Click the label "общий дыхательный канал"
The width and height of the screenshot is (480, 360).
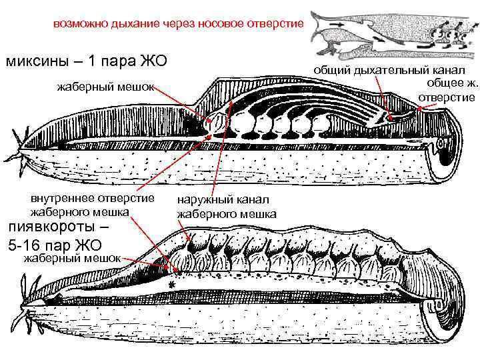[391, 69]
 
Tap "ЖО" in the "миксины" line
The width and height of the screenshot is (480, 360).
[150, 63]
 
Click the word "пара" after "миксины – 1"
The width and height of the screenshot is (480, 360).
[112, 63]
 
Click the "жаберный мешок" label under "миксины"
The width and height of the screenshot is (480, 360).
[105, 86]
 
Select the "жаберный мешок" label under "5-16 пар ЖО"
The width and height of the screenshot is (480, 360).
[71, 258]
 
